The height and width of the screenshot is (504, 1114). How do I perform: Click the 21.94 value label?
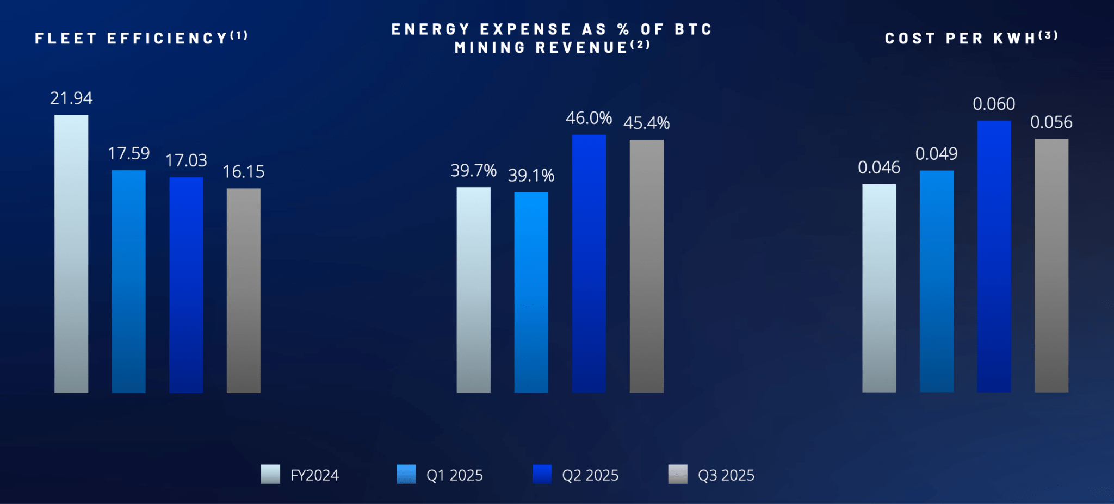coord(71,98)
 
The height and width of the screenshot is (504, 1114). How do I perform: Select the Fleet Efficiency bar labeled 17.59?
coord(129,281)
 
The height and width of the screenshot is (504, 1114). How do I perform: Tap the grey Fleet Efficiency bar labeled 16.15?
coord(244,290)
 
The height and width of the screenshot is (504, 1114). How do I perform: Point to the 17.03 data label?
coord(186,160)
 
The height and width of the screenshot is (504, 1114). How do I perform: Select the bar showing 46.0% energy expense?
coord(589,263)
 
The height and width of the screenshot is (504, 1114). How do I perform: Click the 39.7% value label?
coord(473,171)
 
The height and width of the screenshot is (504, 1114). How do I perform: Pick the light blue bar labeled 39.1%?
coord(531,292)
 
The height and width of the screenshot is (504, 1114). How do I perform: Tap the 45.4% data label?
coord(646,123)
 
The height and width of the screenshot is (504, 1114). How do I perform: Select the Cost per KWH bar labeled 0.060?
coord(994,256)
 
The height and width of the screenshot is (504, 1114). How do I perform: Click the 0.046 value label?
coord(879,167)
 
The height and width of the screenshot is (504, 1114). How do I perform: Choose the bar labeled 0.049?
coord(937,281)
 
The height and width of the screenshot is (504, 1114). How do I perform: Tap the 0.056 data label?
coord(1051,122)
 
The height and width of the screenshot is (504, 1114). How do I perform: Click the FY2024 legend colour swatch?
coord(270,474)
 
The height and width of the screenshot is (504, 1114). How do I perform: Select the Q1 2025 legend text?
coord(454,475)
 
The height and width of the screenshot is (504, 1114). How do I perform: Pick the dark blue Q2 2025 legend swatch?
coord(542,474)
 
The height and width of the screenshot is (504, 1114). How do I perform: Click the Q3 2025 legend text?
coord(726,475)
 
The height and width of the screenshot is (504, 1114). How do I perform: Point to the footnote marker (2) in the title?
coord(640,45)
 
